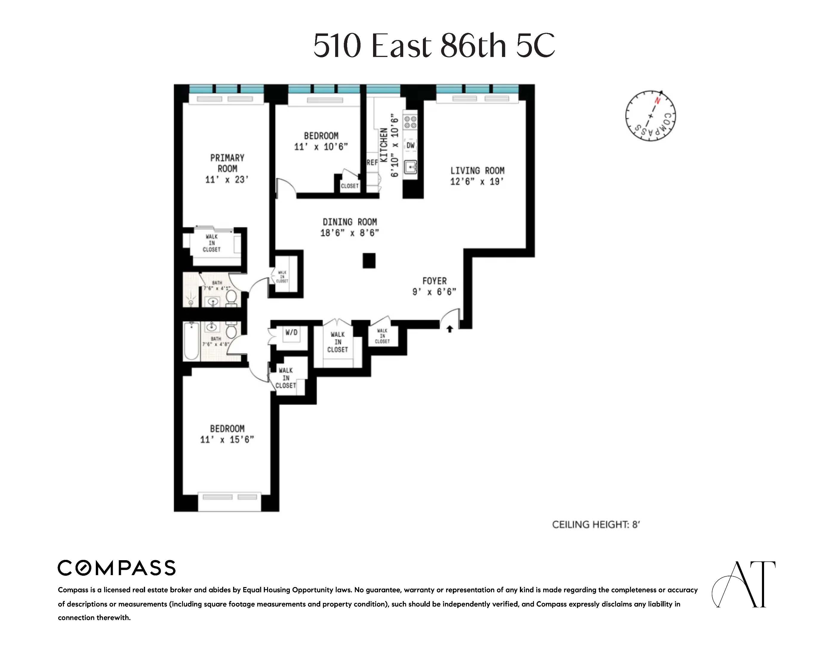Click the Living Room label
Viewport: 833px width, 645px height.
tap(477, 171)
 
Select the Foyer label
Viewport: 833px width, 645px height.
tap(435, 281)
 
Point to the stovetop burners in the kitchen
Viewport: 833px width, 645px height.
tap(410, 122)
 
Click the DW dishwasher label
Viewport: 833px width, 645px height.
tap(410, 145)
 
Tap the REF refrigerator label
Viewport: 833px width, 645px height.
tap(372, 162)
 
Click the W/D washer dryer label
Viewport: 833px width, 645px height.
tap(291, 332)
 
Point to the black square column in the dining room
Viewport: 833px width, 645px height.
tap(369, 261)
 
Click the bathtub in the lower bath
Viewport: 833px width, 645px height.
tap(191, 341)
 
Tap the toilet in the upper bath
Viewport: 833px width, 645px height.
tap(231, 297)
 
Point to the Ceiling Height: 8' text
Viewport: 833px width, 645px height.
tap(596, 525)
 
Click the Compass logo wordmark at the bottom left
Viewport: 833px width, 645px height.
tap(116, 568)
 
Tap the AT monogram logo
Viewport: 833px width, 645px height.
tap(744, 584)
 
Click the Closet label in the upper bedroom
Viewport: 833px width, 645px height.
tap(349, 186)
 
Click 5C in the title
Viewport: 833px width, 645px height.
tap(535, 45)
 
